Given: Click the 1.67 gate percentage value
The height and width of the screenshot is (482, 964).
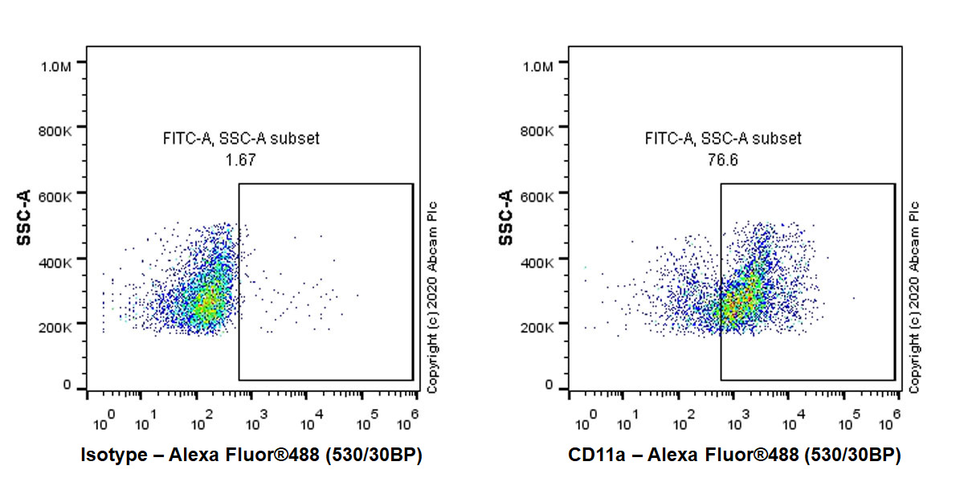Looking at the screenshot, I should [x=241, y=160].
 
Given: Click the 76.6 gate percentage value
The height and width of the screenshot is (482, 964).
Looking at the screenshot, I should [x=723, y=160].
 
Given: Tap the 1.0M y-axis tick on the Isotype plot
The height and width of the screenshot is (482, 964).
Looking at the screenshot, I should [x=57, y=65].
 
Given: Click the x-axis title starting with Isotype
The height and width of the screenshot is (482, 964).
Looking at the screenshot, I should [x=251, y=455].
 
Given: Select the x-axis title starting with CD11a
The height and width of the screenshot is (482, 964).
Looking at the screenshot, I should [x=734, y=455].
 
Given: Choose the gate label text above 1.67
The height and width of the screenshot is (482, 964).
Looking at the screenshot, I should [x=241, y=139].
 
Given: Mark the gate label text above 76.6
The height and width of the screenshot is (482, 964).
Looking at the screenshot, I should [x=723, y=139].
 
